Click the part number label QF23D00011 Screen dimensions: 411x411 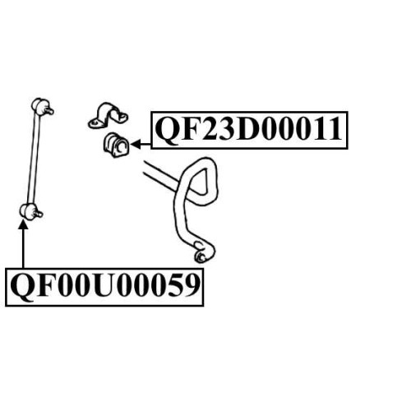tap(249, 130)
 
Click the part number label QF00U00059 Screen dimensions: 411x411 tap(104, 287)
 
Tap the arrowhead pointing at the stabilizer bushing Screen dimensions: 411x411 tap(136, 144)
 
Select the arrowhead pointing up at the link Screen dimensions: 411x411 tap(23, 224)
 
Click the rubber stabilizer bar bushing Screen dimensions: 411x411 tap(116, 145)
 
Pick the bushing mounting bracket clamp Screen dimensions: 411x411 tap(108, 115)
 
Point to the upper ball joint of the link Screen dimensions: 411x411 tap(39, 104)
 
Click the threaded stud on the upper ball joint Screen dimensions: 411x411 tap(50, 110)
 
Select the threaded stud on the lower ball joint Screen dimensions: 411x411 tap(38, 213)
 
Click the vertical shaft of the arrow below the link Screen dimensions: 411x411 tap(23, 248)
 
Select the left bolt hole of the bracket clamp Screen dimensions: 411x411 tap(95, 123)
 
